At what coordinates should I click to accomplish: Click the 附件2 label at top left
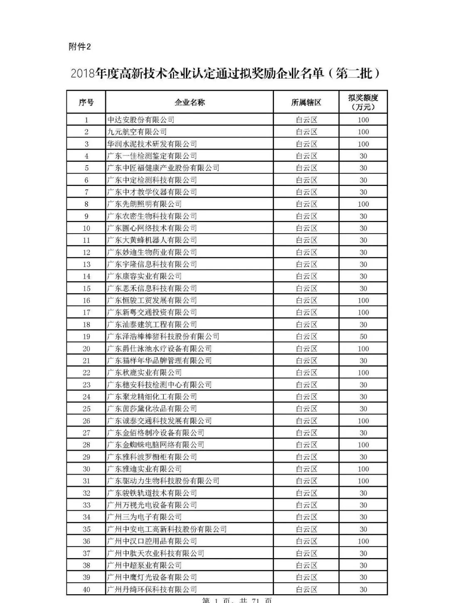click(x=79, y=47)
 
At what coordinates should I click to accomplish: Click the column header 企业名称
click(x=190, y=102)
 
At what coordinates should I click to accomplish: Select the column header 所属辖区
click(x=306, y=102)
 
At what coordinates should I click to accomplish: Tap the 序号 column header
click(x=86, y=102)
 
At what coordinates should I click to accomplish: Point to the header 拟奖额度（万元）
click(x=363, y=102)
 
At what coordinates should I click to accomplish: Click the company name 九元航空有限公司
click(x=137, y=132)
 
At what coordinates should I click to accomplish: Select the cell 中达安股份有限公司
click(x=141, y=120)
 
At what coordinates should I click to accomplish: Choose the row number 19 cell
click(x=86, y=336)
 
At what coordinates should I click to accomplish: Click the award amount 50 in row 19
click(x=363, y=336)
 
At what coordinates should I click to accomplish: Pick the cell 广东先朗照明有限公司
click(x=145, y=204)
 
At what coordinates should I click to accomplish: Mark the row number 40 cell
click(x=86, y=589)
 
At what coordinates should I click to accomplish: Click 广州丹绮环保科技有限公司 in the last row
click(x=152, y=589)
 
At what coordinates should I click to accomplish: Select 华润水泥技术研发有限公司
click(x=152, y=144)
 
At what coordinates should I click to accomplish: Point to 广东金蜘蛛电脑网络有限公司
click(x=156, y=445)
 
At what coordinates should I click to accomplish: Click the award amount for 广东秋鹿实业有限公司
click(x=363, y=373)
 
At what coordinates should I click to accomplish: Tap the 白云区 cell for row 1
click(x=306, y=120)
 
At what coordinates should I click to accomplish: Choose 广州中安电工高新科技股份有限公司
click(x=167, y=529)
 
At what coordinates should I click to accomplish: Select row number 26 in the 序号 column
click(x=86, y=421)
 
